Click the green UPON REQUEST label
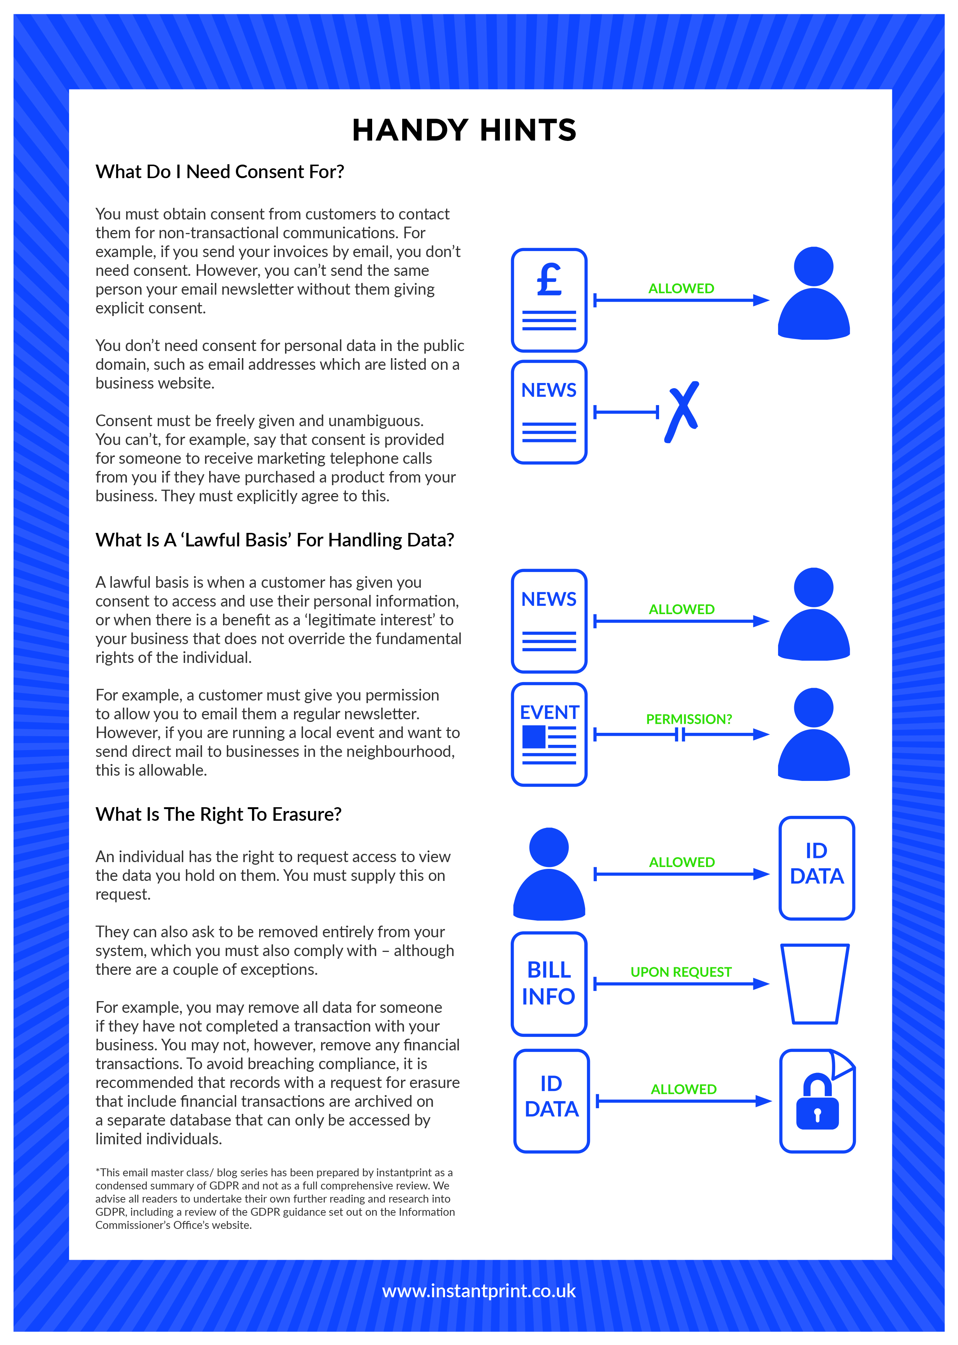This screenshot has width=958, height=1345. click(681, 971)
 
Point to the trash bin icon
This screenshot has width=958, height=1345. click(815, 983)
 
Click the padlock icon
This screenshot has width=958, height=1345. click(817, 1101)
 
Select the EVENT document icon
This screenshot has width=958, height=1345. click(549, 734)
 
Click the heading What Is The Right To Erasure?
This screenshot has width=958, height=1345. click(218, 814)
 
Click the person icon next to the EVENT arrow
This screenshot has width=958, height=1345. click(813, 734)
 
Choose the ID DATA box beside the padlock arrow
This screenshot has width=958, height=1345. click(552, 1101)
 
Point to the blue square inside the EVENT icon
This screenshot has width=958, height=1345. click(534, 737)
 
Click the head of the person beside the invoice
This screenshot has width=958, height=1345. click(813, 266)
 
